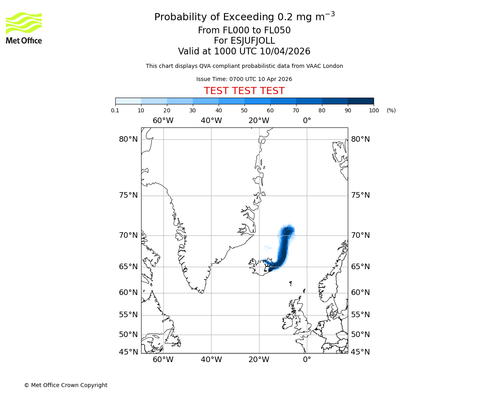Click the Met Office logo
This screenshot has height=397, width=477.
(x=24, y=28)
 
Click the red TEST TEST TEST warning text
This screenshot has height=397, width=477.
(x=244, y=91)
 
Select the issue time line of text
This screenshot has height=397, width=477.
(x=244, y=79)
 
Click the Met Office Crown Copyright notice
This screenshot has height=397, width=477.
(x=66, y=385)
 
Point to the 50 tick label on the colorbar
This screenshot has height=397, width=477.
(x=244, y=110)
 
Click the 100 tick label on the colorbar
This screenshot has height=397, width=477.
(x=374, y=110)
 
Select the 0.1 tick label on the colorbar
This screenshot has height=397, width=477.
(x=115, y=110)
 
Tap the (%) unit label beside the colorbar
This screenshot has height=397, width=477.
(x=391, y=110)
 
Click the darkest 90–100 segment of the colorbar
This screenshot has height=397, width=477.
(x=361, y=101)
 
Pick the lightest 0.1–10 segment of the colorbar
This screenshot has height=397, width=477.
(x=128, y=101)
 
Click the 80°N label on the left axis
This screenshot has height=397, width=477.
(x=128, y=139)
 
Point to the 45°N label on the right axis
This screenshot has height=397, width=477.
(x=360, y=352)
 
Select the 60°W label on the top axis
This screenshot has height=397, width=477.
(x=163, y=121)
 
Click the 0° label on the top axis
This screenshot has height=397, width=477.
(x=307, y=121)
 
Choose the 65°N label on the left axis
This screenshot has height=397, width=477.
(x=128, y=267)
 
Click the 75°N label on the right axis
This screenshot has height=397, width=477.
(x=360, y=195)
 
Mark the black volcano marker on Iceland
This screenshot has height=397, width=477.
(x=267, y=267)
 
